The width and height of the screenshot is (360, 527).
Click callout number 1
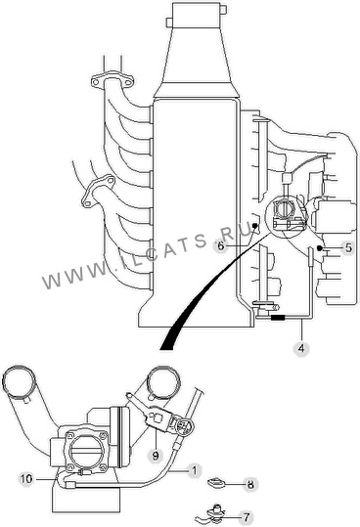click(195, 470)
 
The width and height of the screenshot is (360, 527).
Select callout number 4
click(301, 348)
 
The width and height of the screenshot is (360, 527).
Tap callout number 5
click(348, 247)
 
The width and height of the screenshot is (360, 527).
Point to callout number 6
click(220, 245)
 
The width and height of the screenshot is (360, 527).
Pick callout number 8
click(250, 485)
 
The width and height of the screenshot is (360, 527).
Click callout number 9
click(156, 456)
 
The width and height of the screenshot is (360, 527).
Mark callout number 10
click(26, 478)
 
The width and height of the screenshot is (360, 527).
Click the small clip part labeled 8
click(216, 484)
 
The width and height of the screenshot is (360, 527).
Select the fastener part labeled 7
click(212, 513)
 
